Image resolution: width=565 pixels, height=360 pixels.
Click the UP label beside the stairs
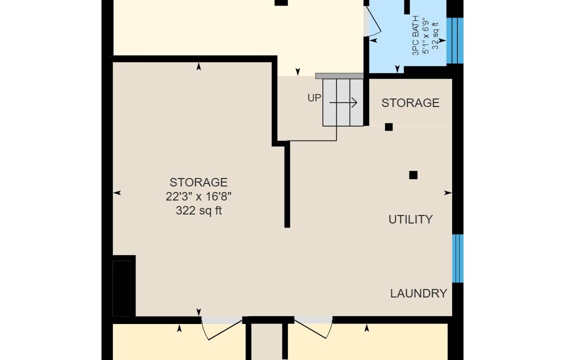pos(314,97)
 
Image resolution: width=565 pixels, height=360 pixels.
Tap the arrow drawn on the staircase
pos(343,102)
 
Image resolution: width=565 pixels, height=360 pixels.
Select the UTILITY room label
pos(410,219)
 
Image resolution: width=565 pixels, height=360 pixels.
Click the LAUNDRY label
pos(418,293)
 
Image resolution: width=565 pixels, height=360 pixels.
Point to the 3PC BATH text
pos(416,35)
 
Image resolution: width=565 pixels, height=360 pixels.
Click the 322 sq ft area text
pos(198,210)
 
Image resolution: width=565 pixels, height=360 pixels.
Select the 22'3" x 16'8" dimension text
pos(198,196)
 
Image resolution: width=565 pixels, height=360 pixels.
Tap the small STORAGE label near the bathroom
pos(410,103)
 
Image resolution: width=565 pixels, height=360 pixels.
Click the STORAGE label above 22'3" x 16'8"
pos(198,182)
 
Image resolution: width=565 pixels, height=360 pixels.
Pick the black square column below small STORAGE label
pos(389,127)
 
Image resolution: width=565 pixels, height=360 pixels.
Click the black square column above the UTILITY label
pos(413,175)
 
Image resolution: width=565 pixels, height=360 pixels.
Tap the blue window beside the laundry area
pos(457,258)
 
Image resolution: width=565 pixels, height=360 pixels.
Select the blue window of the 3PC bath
pos(454,40)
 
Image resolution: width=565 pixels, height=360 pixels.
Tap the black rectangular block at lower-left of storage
pos(121,288)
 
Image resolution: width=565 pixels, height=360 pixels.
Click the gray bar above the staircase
pos(339,76)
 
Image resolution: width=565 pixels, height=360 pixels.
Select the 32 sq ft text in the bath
pos(435,36)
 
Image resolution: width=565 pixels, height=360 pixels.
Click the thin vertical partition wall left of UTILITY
pos(287,184)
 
